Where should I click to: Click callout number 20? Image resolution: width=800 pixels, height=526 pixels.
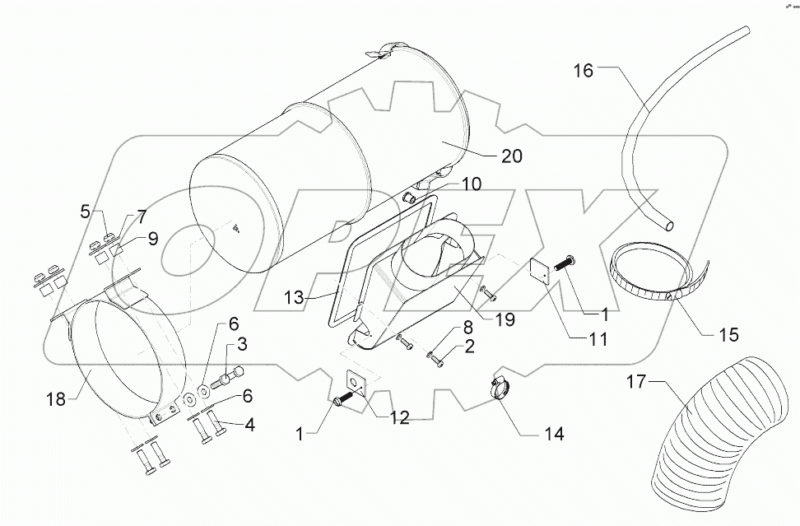[x=512, y=156]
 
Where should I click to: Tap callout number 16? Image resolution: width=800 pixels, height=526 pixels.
[x=583, y=71]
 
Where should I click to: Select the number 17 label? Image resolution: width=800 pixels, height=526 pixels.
[x=637, y=381]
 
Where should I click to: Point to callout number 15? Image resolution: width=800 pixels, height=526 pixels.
[x=728, y=335]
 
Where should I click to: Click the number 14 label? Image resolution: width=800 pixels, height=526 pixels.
[x=554, y=434]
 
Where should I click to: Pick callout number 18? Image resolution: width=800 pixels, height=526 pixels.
[x=57, y=398]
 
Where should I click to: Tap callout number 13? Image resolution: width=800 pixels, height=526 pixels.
[x=295, y=297]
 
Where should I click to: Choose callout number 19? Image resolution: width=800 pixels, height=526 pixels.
[x=504, y=319]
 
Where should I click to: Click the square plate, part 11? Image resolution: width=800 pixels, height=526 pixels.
[x=540, y=270]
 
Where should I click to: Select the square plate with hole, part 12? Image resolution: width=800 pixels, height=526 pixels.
[x=357, y=382]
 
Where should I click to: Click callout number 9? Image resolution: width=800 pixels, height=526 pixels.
[x=153, y=239]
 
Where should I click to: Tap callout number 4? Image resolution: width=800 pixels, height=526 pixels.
[x=249, y=425]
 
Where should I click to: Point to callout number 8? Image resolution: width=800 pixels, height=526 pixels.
[x=468, y=326]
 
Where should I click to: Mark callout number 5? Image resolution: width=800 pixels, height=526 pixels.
[x=86, y=212]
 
